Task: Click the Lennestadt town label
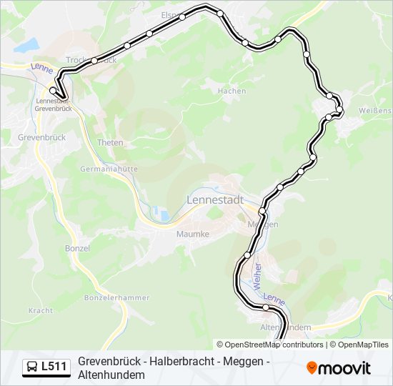point(215,200)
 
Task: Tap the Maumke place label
point(193,234)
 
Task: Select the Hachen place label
point(232,91)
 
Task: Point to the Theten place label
point(110,143)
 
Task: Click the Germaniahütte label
point(109,169)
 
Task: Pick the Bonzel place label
point(77,248)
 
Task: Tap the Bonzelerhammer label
point(116,297)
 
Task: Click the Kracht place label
point(41,311)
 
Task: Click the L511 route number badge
point(54,367)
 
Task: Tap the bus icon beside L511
point(32,367)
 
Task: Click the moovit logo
point(339,368)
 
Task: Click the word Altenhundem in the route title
point(111,375)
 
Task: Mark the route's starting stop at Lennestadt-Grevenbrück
point(53,91)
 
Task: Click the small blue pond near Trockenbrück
point(27,46)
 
